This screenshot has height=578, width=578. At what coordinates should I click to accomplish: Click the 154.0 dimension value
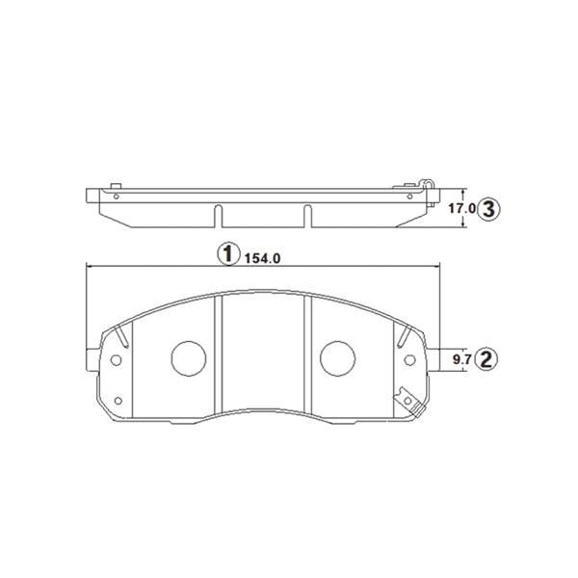pos(262,258)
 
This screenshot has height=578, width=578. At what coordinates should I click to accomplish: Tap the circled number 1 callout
pos(229,254)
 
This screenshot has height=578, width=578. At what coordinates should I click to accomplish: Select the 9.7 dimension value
pos(461,359)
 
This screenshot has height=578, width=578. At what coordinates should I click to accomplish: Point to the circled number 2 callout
pos(486,359)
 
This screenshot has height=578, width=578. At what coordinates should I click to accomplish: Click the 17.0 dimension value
pos(462,209)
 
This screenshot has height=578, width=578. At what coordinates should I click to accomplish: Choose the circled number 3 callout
pos(488,209)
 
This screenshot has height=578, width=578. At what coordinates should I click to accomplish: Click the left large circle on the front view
pos(189,358)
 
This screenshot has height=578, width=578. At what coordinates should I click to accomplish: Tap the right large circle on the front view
pos(338,358)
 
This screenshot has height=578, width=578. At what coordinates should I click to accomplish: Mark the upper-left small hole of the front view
pos(117,359)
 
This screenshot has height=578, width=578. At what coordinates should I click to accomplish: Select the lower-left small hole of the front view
pos(118,401)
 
